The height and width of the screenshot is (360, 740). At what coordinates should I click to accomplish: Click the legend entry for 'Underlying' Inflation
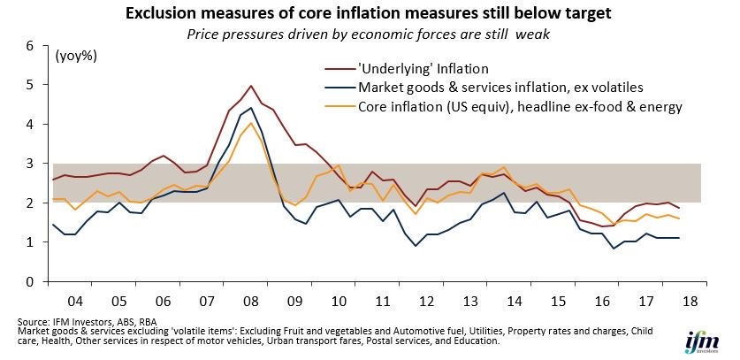pyautogui.click(x=407, y=69)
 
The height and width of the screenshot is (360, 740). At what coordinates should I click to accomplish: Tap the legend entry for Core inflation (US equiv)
pyautogui.click(x=504, y=107)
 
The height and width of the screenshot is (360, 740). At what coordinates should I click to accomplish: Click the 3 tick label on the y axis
pyautogui.click(x=30, y=164)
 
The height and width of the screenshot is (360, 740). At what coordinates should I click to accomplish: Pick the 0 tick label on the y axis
pyautogui.click(x=30, y=281)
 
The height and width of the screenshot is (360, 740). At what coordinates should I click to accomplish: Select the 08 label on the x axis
pyautogui.click(x=250, y=301)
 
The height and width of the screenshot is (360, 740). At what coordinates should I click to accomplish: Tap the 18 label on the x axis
pyautogui.click(x=689, y=301)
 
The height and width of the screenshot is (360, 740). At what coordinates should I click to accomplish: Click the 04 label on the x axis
pyautogui.click(x=75, y=301)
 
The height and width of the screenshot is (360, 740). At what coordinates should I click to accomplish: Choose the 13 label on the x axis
pyautogui.click(x=469, y=301)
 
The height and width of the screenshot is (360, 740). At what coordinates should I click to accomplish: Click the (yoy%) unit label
pyautogui.click(x=76, y=57)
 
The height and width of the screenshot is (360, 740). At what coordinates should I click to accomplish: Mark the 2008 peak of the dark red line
pyautogui.click(x=251, y=86)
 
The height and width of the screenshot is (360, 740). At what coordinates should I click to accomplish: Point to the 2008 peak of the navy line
pyautogui.click(x=250, y=108)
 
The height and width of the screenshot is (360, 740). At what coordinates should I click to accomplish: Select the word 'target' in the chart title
pyautogui.click(x=588, y=14)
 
